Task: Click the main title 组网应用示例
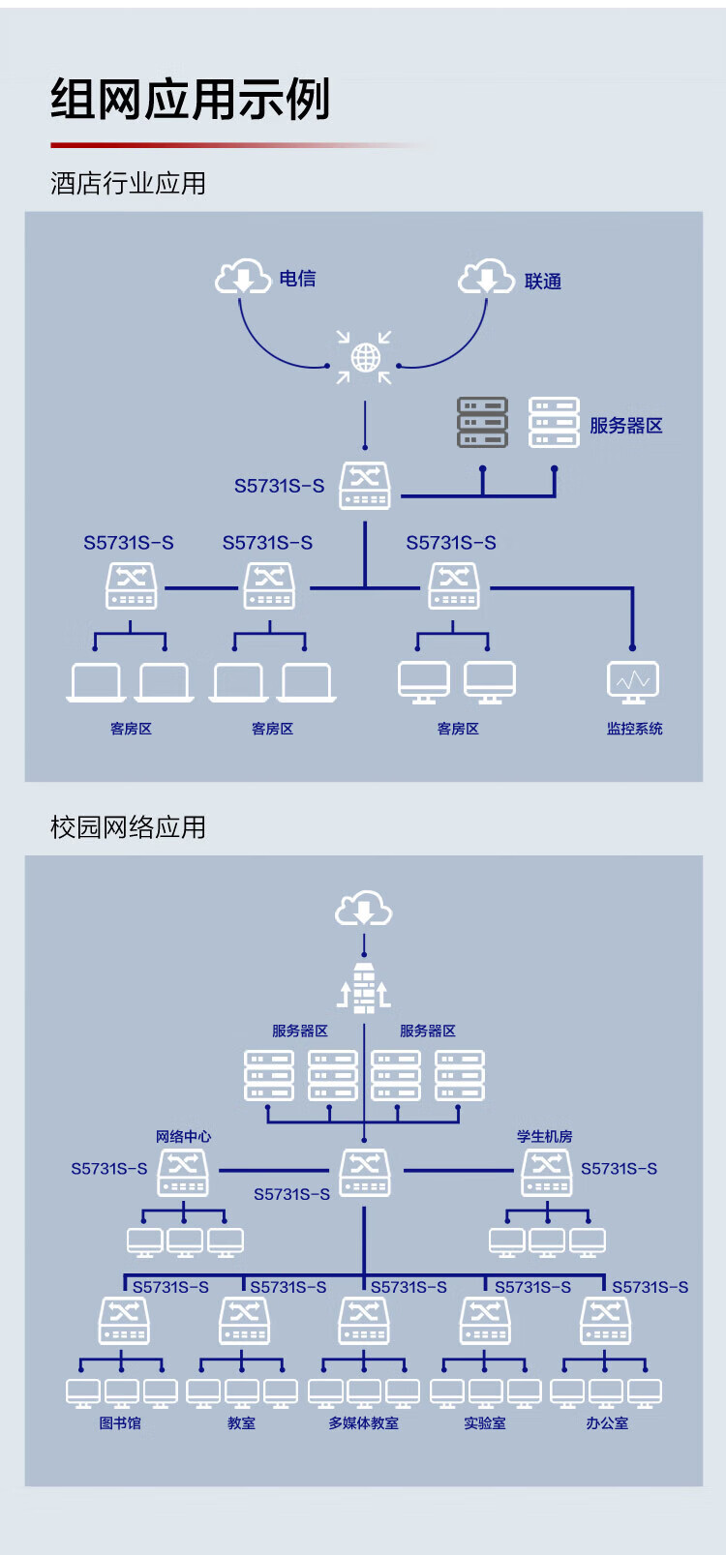(x=191, y=100)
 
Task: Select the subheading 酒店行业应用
(x=128, y=183)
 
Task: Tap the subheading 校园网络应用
(x=128, y=827)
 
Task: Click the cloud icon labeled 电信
(x=242, y=277)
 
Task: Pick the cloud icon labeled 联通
(x=485, y=277)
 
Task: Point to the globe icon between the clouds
(x=365, y=358)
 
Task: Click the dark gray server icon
(x=482, y=423)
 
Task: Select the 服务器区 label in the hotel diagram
(x=625, y=426)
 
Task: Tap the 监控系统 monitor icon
(x=633, y=682)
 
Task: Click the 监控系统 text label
(x=634, y=729)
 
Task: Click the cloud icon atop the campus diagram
(x=364, y=910)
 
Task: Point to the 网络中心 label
(x=183, y=1136)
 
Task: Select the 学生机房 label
(x=544, y=1136)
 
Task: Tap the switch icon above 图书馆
(x=124, y=1320)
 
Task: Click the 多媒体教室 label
(x=363, y=1423)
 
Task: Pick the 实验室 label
(x=485, y=1423)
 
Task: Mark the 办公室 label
(x=607, y=1423)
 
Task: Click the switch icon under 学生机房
(x=547, y=1172)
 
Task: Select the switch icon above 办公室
(x=606, y=1320)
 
